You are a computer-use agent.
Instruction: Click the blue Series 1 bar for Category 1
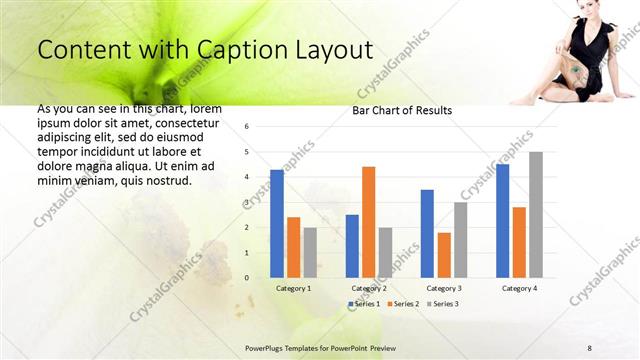(x=276, y=224)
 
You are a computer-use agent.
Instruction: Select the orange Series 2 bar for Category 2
(x=368, y=222)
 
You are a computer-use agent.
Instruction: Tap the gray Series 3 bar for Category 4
(x=536, y=215)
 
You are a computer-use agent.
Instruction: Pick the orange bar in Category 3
(x=444, y=255)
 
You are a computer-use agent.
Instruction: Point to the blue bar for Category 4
(x=502, y=221)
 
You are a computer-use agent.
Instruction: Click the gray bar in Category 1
(x=310, y=252)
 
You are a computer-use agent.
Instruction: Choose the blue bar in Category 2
(x=352, y=246)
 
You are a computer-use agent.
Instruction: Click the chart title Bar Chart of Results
(x=402, y=110)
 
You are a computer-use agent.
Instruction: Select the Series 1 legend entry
(x=362, y=303)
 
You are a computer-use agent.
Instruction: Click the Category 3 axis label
(x=444, y=288)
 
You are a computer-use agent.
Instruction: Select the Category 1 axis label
(x=293, y=288)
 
